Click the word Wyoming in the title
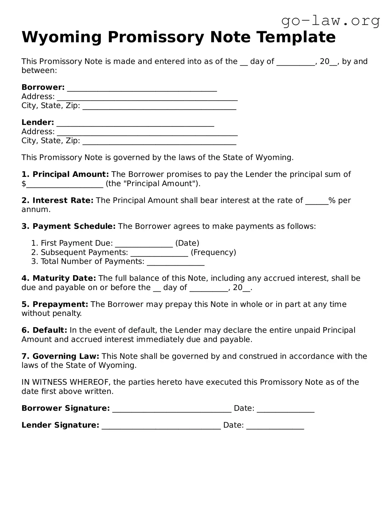click(x=62, y=37)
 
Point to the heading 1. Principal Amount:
click(x=65, y=174)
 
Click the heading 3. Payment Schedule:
click(x=68, y=226)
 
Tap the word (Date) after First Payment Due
click(x=187, y=243)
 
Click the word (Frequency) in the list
click(x=213, y=252)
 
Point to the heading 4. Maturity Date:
click(x=59, y=278)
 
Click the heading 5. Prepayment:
click(x=55, y=304)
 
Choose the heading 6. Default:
click(x=44, y=330)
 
